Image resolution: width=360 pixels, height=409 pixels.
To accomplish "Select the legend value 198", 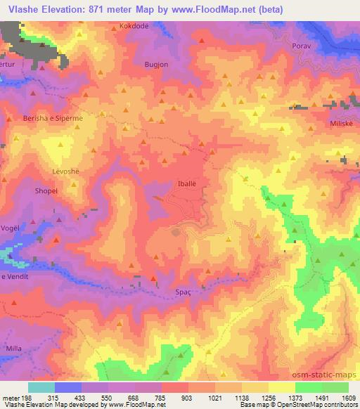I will click(27, 398).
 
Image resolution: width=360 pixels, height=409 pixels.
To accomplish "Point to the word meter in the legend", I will click(11, 398).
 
